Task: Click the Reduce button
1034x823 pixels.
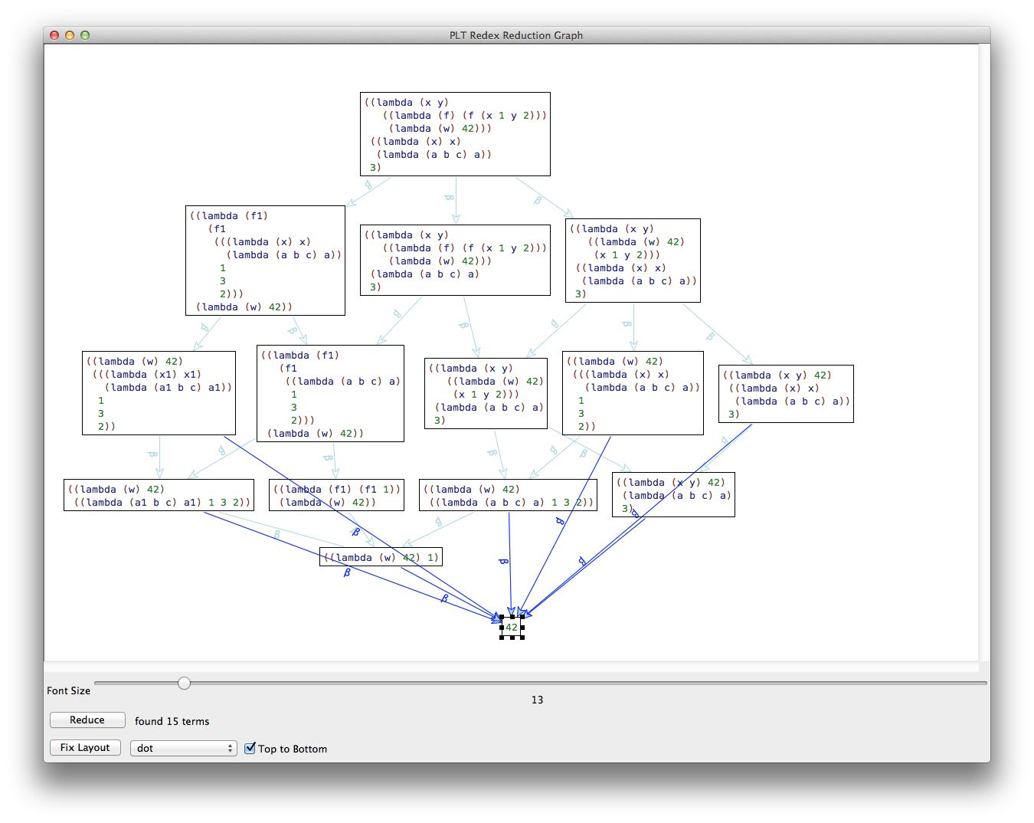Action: point(87,720)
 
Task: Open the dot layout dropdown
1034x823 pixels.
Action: point(183,748)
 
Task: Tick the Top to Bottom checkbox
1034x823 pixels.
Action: point(250,748)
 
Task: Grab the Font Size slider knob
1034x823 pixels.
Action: point(184,683)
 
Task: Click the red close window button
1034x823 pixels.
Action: point(54,35)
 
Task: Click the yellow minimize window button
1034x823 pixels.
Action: point(70,35)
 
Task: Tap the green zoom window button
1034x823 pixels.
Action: point(85,35)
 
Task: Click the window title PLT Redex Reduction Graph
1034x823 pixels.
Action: point(516,35)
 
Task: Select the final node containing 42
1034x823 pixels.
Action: point(512,627)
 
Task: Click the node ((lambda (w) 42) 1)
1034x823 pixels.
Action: point(381,557)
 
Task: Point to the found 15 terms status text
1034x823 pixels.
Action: point(172,721)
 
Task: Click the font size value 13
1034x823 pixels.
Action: point(537,700)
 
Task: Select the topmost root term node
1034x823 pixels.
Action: point(455,134)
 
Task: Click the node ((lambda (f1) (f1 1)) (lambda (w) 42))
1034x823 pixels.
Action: point(336,495)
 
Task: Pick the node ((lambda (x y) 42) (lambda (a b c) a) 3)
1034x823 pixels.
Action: point(673,494)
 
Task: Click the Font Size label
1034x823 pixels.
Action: point(68,690)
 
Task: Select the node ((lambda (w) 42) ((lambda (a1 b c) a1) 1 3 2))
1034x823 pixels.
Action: point(159,495)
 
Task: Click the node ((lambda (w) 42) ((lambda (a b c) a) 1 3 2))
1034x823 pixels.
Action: point(508,495)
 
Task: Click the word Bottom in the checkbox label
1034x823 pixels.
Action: point(309,749)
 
